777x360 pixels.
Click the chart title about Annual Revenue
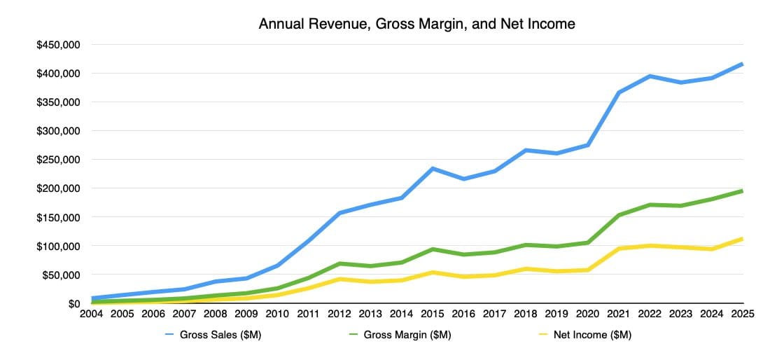(416, 24)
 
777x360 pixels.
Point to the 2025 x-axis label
(741, 314)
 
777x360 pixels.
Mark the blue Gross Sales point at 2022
(650, 76)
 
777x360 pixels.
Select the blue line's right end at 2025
(741, 64)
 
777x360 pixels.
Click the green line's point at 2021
(619, 215)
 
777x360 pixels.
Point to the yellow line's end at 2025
(741, 239)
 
